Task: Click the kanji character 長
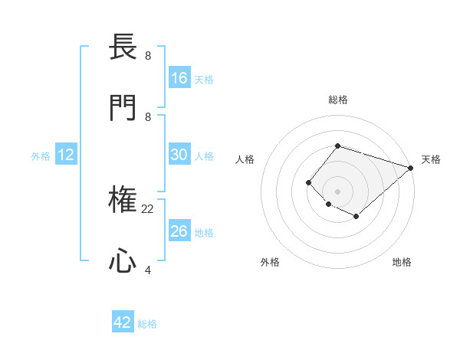pyautogui.click(x=123, y=47)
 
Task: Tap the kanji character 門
pyautogui.click(x=123, y=109)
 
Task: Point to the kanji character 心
pyautogui.click(x=123, y=262)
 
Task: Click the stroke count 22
pyautogui.click(x=148, y=208)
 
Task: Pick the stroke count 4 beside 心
pyautogui.click(x=148, y=270)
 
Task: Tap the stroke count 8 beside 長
pyautogui.click(x=148, y=55)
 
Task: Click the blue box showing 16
pyautogui.click(x=179, y=77)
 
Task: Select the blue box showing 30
pyautogui.click(x=179, y=154)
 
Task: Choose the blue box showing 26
pyautogui.click(x=179, y=231)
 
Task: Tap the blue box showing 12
pyautogui.click(x=66, y=155)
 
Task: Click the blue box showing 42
pyautogui.click(x=123, y=322)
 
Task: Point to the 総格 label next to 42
pyautogui.click(x=147, y=324)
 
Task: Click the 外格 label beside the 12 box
pyautogui.click(x=41, y=156)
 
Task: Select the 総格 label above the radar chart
pyautogui.click(x=337, y=100)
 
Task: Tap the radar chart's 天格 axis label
pyautogui.click(x=431, y=159)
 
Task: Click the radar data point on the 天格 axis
pyautogui.click(x=411, y=168)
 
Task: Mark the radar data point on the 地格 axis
pyautogui.click(x=356, y=217)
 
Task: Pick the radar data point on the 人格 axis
pyautogui.click(x=308, y=182)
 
